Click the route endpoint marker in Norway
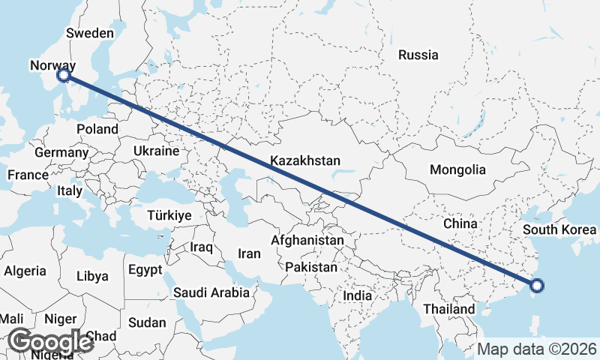tap(64, 75)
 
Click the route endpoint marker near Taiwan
tap(536, 285)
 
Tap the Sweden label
tap(90, 33)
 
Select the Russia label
tap(418, 55)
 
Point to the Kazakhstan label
tap(305, 160)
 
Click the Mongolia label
tap(457, 169)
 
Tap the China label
tap(460, 223)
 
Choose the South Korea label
tap(560, 229)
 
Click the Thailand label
tap(448, 309)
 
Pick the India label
tap(357, 295)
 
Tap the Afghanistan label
tap(307, 241)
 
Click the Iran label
tap(249, 253)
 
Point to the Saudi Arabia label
tap(211, 292)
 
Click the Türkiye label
tap(170, 215)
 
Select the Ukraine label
tap(156, 151)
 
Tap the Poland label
tap(97, 129)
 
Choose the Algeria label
tap(25, 271)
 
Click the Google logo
tap(50, 341)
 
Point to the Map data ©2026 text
tap(536, 349)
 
